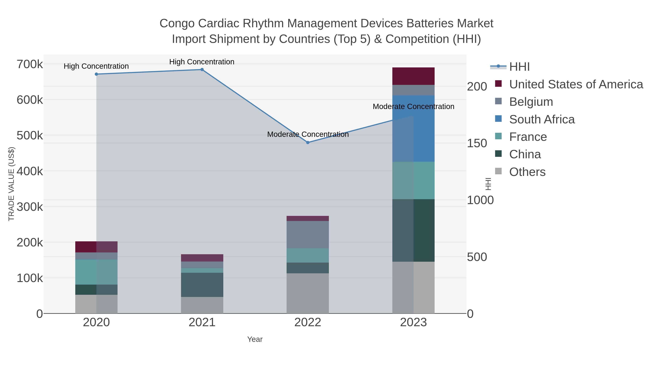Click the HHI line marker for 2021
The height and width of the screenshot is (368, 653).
pos(202,70)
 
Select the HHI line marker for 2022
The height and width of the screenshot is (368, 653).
pos(308,142)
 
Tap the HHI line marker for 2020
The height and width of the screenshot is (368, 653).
pos(96,74)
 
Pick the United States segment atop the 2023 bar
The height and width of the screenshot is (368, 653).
pos(413,76)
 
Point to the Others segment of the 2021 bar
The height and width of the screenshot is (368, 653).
pos(202,305)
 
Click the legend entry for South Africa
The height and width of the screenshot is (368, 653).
pos(541,119)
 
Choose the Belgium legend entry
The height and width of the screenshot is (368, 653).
pos(531,102)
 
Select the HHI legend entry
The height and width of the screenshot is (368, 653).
pos(519,67)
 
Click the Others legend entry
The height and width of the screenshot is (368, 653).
pos(527,172)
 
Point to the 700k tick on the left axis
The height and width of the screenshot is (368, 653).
pos(30,64)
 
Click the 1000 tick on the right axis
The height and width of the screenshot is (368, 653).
pos(480,200)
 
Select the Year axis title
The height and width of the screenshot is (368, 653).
pos(255,339)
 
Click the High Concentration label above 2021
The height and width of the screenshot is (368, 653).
pos(202,62)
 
